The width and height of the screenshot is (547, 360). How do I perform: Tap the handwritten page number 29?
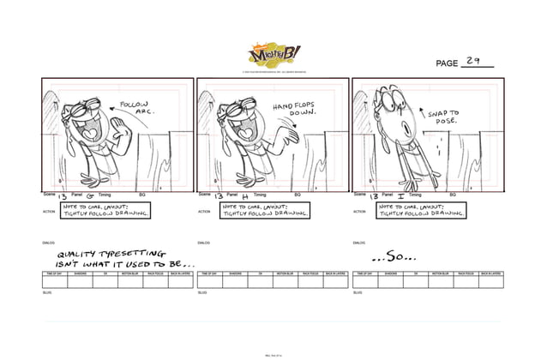[x=473, y=61]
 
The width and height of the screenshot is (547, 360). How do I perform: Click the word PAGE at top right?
[x=447, y=63]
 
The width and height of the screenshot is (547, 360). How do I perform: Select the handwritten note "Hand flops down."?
[x=296, y=109]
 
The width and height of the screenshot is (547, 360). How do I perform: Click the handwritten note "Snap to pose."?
[x=444, y=117]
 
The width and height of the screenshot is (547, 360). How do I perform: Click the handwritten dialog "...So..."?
[x=394, y=255]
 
